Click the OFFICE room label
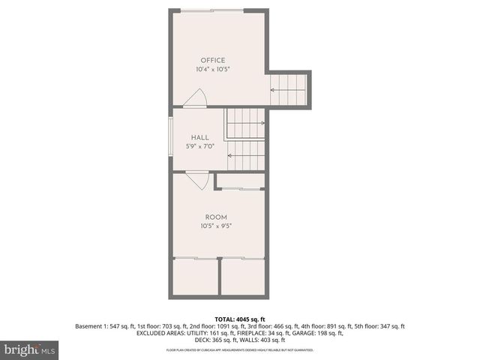click(212, 60)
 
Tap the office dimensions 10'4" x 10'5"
click(212, 69)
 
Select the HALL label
click(199, 137)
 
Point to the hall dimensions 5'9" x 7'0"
click(199, 146)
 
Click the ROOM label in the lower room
click(216, 217)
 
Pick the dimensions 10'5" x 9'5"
click(216, 226)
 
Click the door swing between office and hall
click(198, 98)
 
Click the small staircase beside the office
click(289, 89)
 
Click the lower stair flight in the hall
click(246, 159)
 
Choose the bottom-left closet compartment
click(196, 277)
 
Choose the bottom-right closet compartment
click(243, 277)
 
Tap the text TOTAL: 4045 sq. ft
click(240, 319)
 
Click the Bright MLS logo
click(28, 349)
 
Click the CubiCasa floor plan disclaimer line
click(240, 350)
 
